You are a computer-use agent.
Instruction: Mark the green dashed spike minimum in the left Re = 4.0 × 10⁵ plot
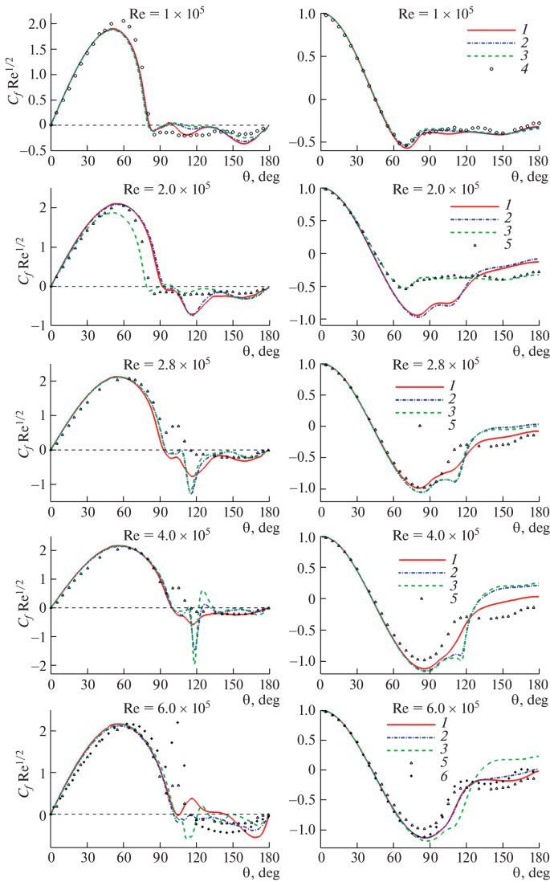[x=194, y=664]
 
